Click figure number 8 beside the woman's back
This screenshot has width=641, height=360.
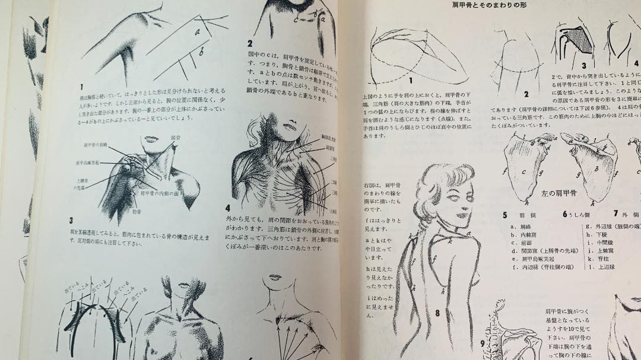pyautogui.click(x=436, y=312)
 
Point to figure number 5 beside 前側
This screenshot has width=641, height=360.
pyautogui.click(x=504, y=215)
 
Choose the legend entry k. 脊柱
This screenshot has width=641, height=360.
pyautogui.click(x=599, y=259)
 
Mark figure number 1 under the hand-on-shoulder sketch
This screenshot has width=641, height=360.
pyautogui.click(x=410, y=78)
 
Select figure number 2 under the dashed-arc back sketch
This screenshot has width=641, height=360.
pyautogui.click(x=526, y=94)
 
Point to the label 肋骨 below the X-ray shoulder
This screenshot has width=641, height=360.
pyautogui.click(x=138, y=211)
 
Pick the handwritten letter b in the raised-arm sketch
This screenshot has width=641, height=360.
pyautogui.click(x=201, y=52)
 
